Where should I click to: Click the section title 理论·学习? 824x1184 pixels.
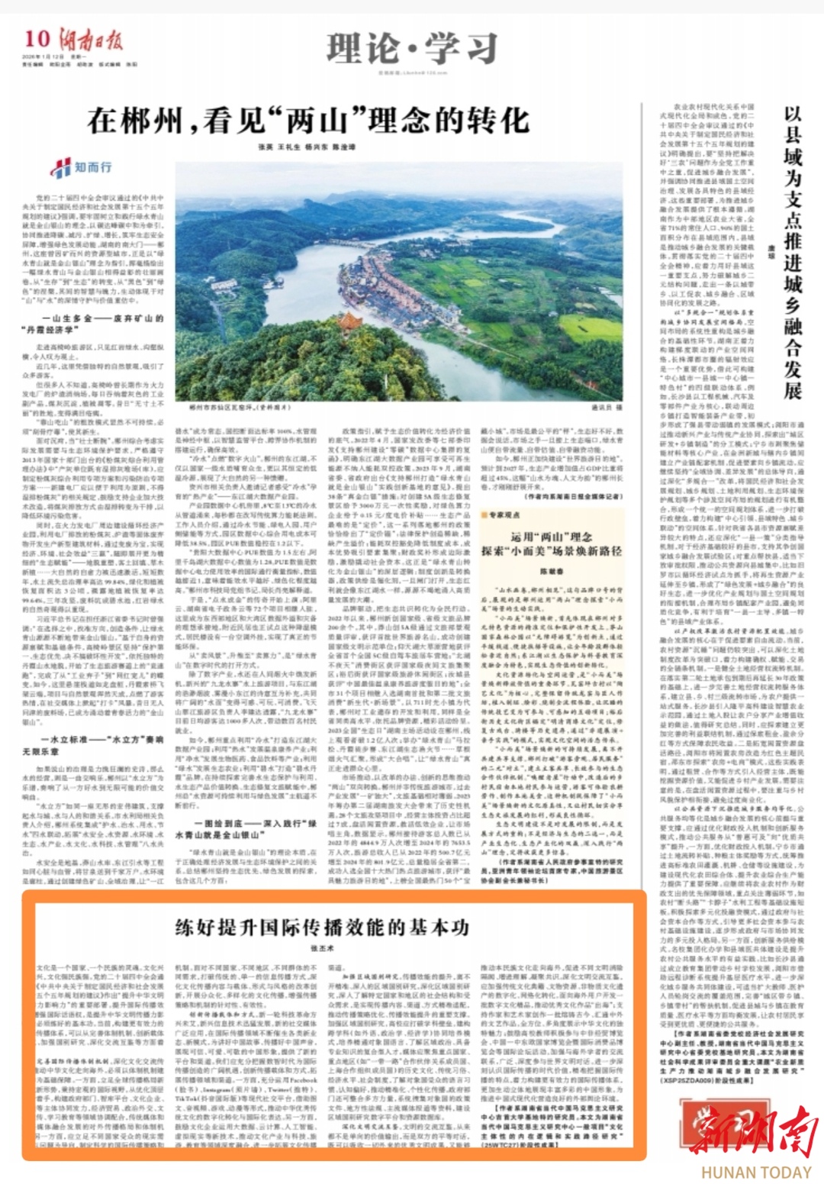coord(412,50)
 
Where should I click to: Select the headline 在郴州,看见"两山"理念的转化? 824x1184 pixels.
coord(307,121)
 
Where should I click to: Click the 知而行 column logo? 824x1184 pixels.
coord(82,167)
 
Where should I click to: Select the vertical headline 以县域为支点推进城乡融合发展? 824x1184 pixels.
coord(793,252)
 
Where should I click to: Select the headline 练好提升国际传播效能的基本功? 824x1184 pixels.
coord(322,927)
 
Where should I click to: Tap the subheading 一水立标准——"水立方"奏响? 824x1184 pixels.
coord(103,740)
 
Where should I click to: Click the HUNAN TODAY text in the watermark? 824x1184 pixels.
coord(756,1172)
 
